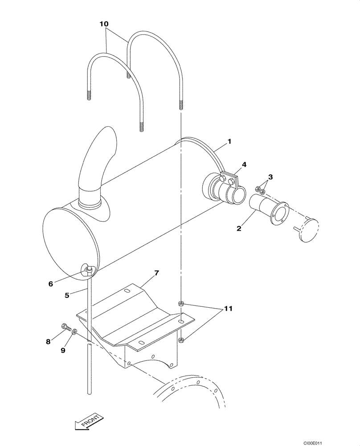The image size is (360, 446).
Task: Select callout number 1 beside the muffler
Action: tap(229, 141)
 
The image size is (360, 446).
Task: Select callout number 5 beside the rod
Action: tap(67, 295)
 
